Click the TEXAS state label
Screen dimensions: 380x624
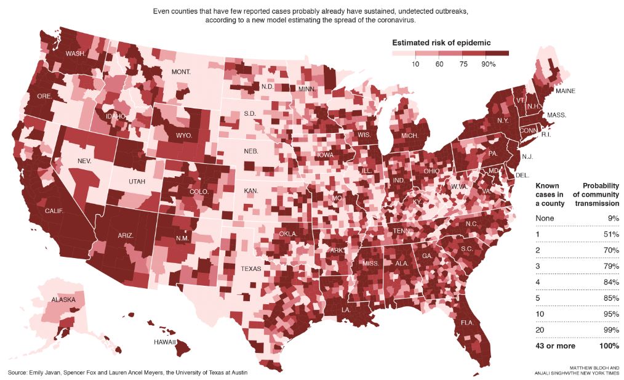(251, 269)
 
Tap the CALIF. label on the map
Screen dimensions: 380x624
(55, 211)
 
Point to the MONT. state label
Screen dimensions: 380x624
(181, 72)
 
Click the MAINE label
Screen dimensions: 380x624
(565, 91)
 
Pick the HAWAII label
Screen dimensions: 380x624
(165, 341)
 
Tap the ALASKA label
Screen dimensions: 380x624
(63, 300)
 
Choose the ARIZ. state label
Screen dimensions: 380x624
(126, 235)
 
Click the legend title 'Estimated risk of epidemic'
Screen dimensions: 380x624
(441, 42)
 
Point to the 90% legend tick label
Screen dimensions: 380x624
(489, 64)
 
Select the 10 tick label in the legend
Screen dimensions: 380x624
(416, 64)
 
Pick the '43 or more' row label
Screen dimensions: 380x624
(555, 346)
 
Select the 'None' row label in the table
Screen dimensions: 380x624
(545, 219)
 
